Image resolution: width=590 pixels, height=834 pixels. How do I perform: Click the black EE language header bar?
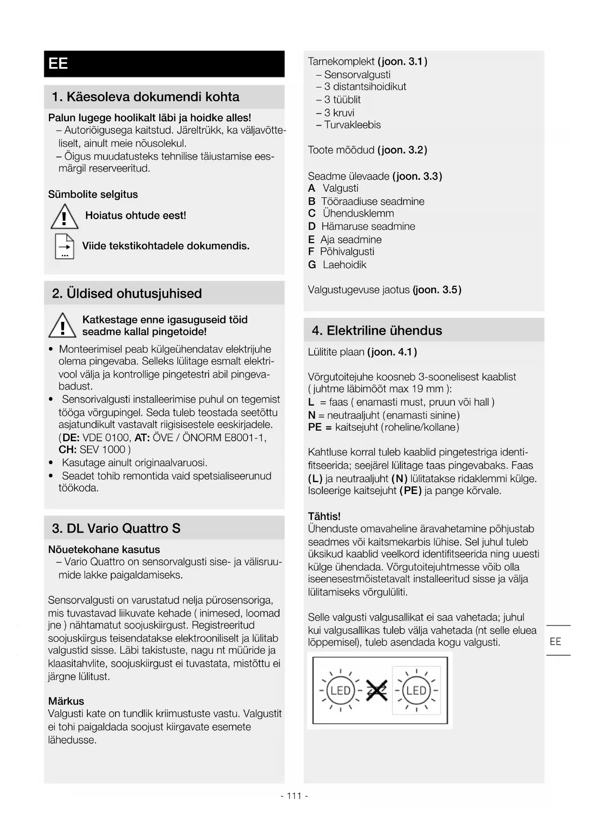pyautogui.click(x=164, y=64)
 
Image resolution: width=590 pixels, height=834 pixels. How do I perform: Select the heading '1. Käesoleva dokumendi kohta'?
pyautogui.click(x=145, y=97)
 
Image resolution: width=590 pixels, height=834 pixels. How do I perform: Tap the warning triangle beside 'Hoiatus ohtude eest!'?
pyautogui.click(x=64, y=216)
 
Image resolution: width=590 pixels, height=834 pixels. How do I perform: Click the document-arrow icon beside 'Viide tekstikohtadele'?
pyautogui.click(x=65, y=246)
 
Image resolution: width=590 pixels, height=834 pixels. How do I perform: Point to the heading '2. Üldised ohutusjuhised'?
pyautogui.click(x=127, y=293)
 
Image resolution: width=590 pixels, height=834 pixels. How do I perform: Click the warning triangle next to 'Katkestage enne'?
pyautogui.click(x=62, y=326)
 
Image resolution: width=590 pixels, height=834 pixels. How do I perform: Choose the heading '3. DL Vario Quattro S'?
pyautogui.click(x=116, y=528)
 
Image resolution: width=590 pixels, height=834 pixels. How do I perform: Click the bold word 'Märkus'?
pyautogui.click(x=66, y=701)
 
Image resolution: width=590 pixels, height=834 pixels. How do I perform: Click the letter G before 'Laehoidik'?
pyautogui.click(x=312, y=265)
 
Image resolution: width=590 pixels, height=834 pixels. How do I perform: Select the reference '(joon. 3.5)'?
pyautogui.click(x=437, y=290)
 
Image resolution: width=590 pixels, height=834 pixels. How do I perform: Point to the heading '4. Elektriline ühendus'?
pyautogui.click(x=377, y=330)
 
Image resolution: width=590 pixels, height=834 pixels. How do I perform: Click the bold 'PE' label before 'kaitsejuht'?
pyautogui.click(x=315, y=427)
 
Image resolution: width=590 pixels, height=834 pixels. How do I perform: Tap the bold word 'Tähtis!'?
pyautogui.click(x=324, y=516)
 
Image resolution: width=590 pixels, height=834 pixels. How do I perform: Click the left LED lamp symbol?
pyautogui.click(x=340, y=690)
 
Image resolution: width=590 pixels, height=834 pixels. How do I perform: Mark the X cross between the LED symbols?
pyautogui.click(x=377, y=691)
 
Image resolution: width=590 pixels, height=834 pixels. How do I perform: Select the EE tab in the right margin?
pyautogui.click(x=555, y=641)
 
